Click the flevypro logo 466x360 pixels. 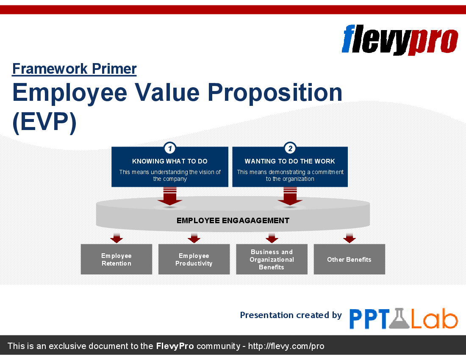(399, 39)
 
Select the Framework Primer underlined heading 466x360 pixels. (74, 69)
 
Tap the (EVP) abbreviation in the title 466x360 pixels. (44, 122)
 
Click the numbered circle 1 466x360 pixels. (169, 148)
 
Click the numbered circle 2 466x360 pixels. (290, 148)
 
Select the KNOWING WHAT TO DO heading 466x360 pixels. (169, 161)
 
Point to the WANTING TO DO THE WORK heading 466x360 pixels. (290, 161)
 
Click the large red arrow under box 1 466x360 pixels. (169, 197)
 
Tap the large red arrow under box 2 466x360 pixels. (290, 197)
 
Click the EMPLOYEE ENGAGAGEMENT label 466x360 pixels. (233, 221)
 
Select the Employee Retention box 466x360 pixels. (116, 259)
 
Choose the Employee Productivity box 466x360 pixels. (194, 259)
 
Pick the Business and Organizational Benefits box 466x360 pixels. (272, 259)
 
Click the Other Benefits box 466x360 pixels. (349, 259)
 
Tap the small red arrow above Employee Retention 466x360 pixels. (116, 238)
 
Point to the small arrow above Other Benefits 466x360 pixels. (349, 238)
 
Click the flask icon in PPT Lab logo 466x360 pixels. (399, 319)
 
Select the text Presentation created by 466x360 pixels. (291, 315)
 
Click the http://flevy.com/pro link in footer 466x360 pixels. (286, 346)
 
